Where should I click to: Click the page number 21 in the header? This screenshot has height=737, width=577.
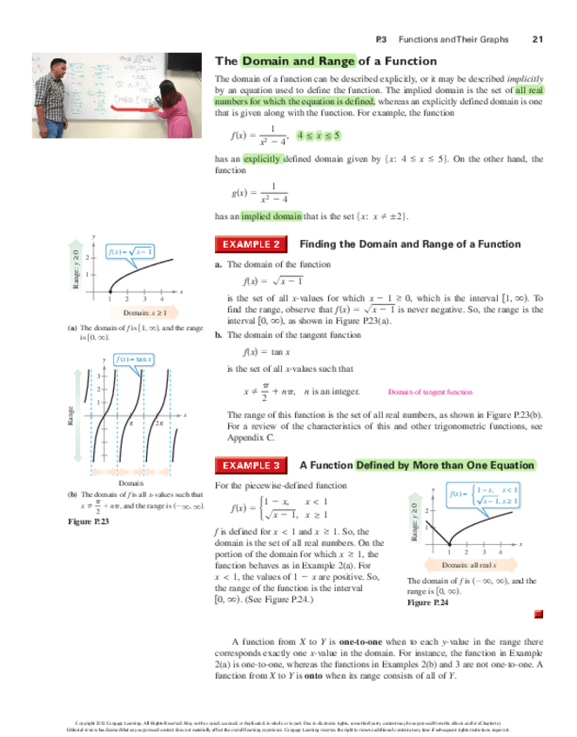coord(536,39)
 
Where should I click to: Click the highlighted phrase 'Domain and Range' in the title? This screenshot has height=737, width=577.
coord(299,61)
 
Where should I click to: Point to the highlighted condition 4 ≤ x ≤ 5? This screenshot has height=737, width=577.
coord(319,136)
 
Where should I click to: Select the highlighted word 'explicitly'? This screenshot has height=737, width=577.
coord(262,160)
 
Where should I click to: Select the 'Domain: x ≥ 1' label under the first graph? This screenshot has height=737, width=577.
coord(138,311)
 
